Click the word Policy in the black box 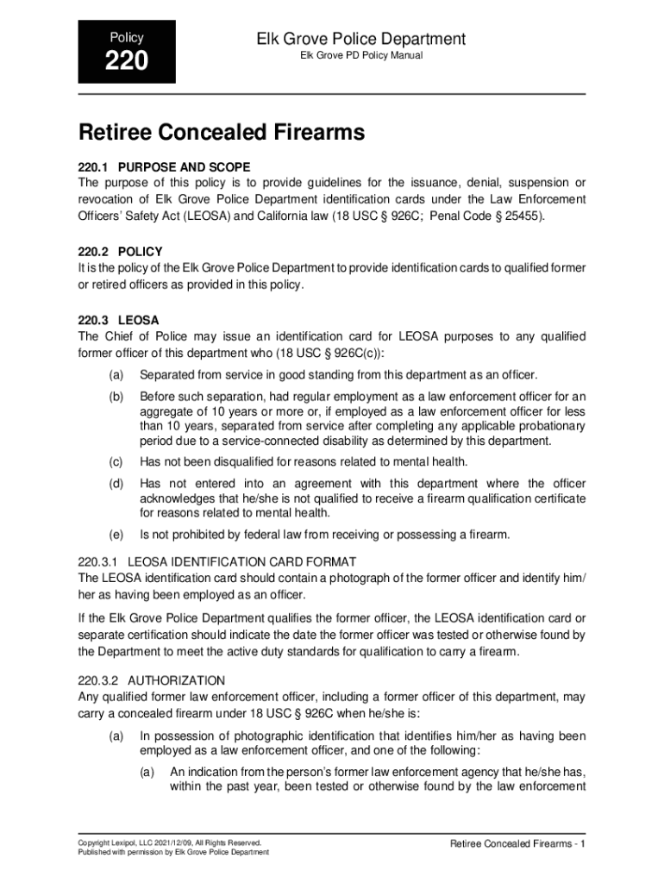click(127, 38)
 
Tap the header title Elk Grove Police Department click(361, 39)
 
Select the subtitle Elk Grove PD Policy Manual click(361, 57)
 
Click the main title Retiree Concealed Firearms click(222, 134)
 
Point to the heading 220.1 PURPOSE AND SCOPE click(164, 166)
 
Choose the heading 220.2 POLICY click(120, 252)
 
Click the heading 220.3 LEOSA click(118, 319)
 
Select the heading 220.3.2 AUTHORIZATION click(152, 680)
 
